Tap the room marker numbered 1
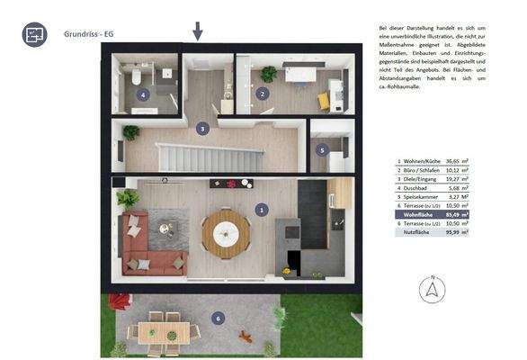click(x=262, y=209)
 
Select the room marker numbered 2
click(x=262, y=93)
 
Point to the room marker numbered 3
click(x=203, y=129)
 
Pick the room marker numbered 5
click(x=322, y=150)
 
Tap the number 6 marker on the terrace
click(x=217, y=318)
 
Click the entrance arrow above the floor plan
click(x=198, y=31)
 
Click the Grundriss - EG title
click(x=89, y=34)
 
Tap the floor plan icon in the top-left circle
click(x=35, y=35)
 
